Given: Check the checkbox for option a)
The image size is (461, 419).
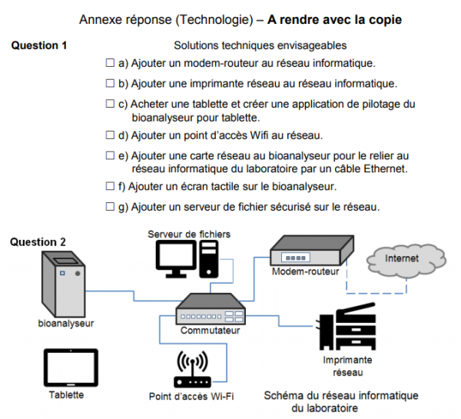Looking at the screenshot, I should point(109,62).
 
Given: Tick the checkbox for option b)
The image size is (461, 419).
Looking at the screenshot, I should point(109,83).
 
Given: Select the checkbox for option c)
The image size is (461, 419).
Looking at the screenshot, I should point(109,104).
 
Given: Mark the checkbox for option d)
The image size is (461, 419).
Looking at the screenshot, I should point(109,135).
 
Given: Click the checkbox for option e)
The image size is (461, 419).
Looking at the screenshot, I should point(109,156).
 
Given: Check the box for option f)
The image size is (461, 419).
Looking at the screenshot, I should point(109,186).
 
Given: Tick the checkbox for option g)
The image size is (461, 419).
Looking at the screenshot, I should point(109,207).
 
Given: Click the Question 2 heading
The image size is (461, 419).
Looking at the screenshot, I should point(38,242).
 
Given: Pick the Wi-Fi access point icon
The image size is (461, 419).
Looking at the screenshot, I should point(191,369).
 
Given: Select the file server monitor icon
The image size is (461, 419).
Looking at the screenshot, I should point(174,258).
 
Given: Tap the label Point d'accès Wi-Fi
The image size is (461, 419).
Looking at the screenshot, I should point(191,397).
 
